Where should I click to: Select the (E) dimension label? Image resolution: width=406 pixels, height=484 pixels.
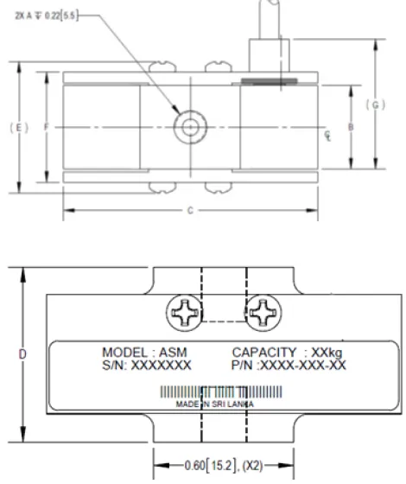(x=20, y=127)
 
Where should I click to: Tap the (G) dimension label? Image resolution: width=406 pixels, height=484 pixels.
(x=374, y=105)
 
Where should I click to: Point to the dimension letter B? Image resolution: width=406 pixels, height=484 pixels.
(x=349, y=127)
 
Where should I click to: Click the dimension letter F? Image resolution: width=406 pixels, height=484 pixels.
(x=46, y=127)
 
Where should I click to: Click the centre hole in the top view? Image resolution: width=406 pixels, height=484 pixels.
(x=189, y=128)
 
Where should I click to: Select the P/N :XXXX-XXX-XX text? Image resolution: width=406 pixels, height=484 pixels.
(x=289, y=366)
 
